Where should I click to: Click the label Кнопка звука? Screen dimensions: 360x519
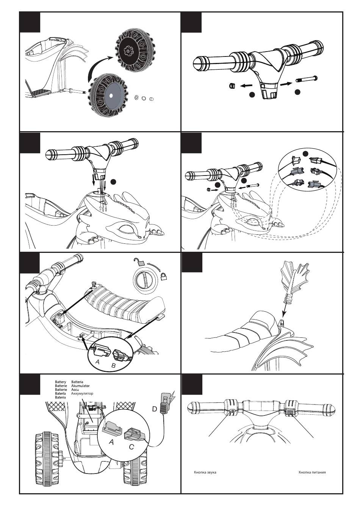tap(205, 472)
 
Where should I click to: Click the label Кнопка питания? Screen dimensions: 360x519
tap(312, 472)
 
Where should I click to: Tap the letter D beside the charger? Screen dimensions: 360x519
tap(155, 409)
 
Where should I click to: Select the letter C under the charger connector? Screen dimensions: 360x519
tap(131, 447)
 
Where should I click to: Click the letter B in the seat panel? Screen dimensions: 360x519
tap(113, 365)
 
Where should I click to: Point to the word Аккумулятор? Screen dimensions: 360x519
tap(82, 394)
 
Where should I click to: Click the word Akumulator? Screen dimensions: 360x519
tap(80, 386)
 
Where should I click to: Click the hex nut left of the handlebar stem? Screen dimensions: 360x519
tap(231, 86)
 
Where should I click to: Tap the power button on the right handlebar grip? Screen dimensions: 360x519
tap(290, 413)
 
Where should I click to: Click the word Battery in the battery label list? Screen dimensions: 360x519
tap(60, 382)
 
